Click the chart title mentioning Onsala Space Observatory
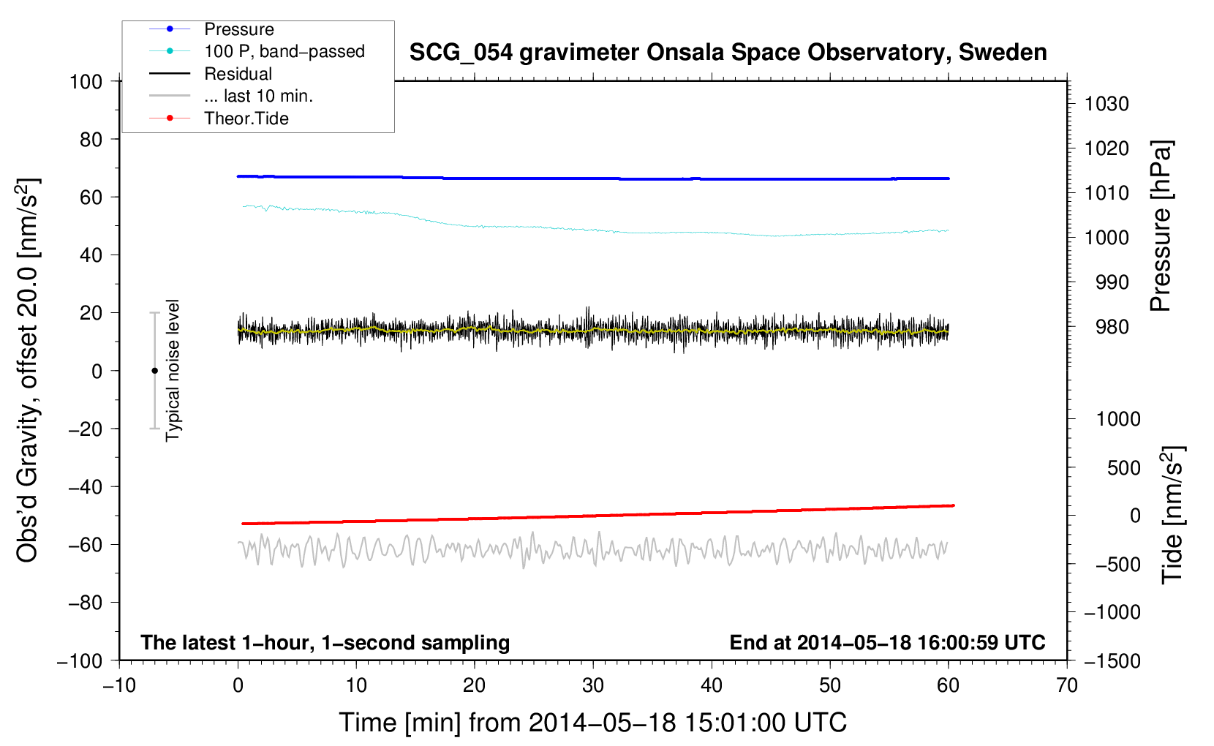point(728,53)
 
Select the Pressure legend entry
point(238,29)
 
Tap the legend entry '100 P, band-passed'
point(284,51)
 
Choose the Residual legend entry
point(238,74)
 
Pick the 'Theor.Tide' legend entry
point(246,118)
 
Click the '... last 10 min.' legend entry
point(258,96)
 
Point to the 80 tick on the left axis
point(91,139)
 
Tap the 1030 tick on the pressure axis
point(1106,104)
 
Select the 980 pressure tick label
point(1112,327)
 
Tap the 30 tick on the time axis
point(592,685)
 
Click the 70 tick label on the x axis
point(1066,685)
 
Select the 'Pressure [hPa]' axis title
point(1161,226)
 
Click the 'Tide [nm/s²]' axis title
point(1172,514)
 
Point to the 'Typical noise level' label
point(173,370)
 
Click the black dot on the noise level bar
point(154,371)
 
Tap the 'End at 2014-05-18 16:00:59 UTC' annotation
point(887,642)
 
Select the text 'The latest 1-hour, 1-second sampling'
point(325,642)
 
